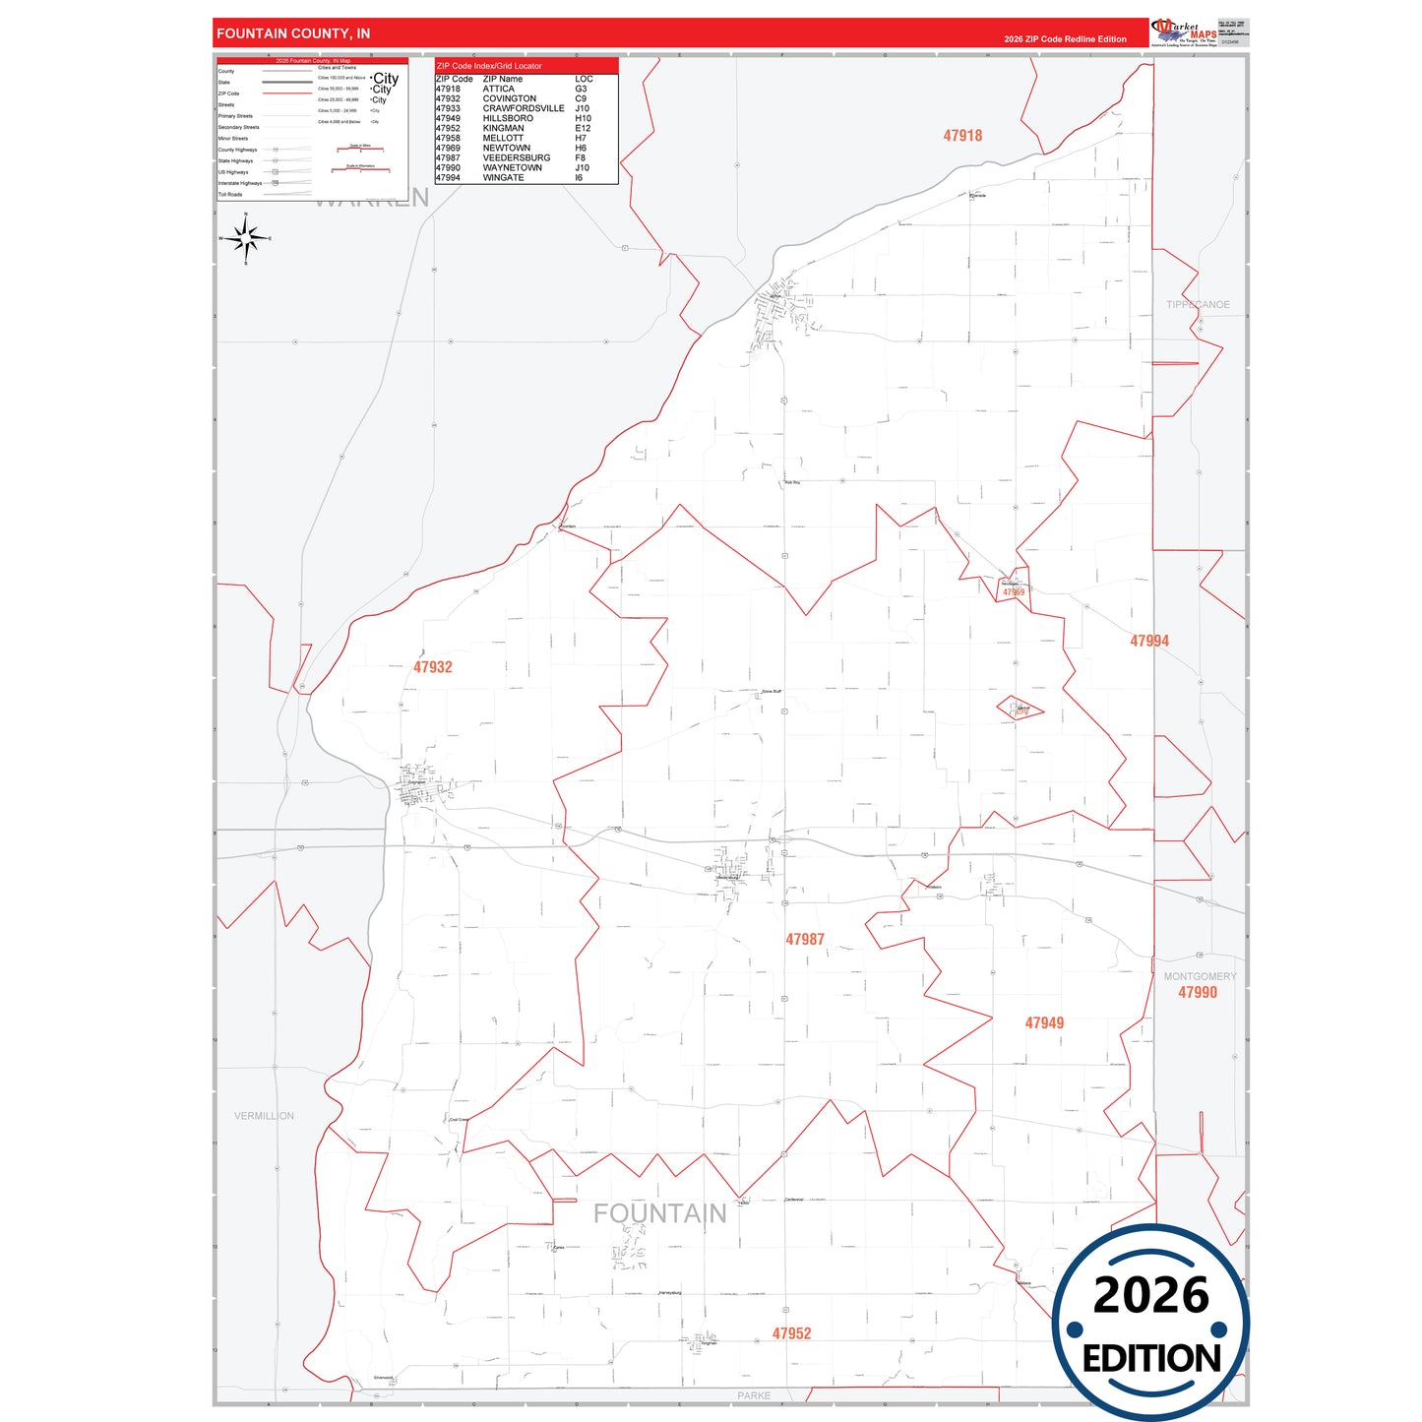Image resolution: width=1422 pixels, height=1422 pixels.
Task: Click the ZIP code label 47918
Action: tap(962, 136)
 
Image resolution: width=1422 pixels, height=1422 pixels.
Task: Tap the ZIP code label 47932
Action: tap(433, 667)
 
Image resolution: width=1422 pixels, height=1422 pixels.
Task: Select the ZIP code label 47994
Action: tap(1149, 641)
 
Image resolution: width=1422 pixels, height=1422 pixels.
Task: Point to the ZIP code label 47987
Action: tap(805, 940)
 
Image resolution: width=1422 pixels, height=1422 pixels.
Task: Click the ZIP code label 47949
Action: tap(1044, 1023)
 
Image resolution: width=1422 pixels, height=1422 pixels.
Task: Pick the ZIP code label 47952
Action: tap(791, 1333)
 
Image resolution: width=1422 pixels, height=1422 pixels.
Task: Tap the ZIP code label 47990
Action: tap(1198, 993)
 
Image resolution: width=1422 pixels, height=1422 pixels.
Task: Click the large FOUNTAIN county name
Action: tap(659, 1214)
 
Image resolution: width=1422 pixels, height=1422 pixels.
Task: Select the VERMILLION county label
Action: tap(264, 1116)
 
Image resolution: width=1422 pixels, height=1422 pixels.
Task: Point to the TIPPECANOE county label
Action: tap(1198, 305)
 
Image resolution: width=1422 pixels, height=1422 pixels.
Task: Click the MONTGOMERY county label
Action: tap(1200, 976)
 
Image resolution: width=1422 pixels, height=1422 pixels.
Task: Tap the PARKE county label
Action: tap(754, 1395)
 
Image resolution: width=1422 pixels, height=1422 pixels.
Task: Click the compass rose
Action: tap(246, 238)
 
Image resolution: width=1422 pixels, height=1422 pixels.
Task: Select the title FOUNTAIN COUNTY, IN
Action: tap(293, 33)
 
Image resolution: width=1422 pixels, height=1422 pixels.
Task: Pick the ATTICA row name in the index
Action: tap(498, 89)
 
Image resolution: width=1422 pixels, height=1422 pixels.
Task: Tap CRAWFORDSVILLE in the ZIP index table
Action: tap(523, 108)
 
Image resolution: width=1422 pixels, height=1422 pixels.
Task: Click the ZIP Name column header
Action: tap(502, 79)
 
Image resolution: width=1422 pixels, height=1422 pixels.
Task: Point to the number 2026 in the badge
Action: tap(1150, 1295)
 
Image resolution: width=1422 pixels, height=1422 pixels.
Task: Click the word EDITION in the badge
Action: tap(1151, 1359)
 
